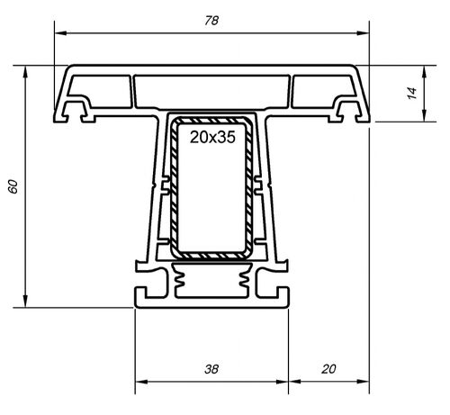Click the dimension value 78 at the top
coord(211,19)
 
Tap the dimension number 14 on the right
coord(412,93)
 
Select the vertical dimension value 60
coord(13,185)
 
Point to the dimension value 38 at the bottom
coord(211,370)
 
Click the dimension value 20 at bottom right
coord(328,370)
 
